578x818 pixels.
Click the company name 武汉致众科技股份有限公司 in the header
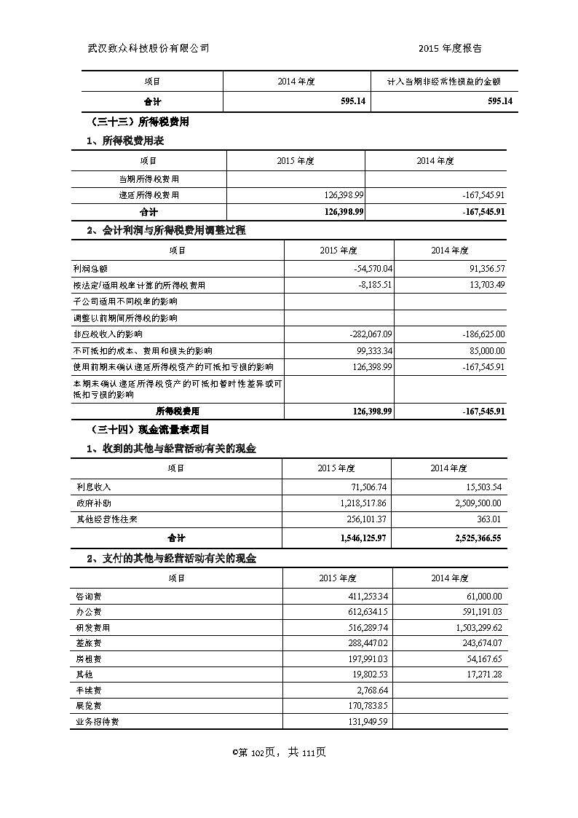click(x=149, y=49)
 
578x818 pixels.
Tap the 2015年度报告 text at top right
click(x=451, y=49)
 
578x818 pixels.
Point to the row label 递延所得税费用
click(x=149, y=195)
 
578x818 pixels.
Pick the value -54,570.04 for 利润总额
click(x=372, y=269)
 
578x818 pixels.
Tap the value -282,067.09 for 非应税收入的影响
click(x=367, y=334)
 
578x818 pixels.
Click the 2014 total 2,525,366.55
click(x=471, y=538)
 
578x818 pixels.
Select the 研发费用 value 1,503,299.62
click(x=472, y=627)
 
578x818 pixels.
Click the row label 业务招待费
click(x=97, y=722)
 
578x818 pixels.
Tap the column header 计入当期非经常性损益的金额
click(x=444, y=82)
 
